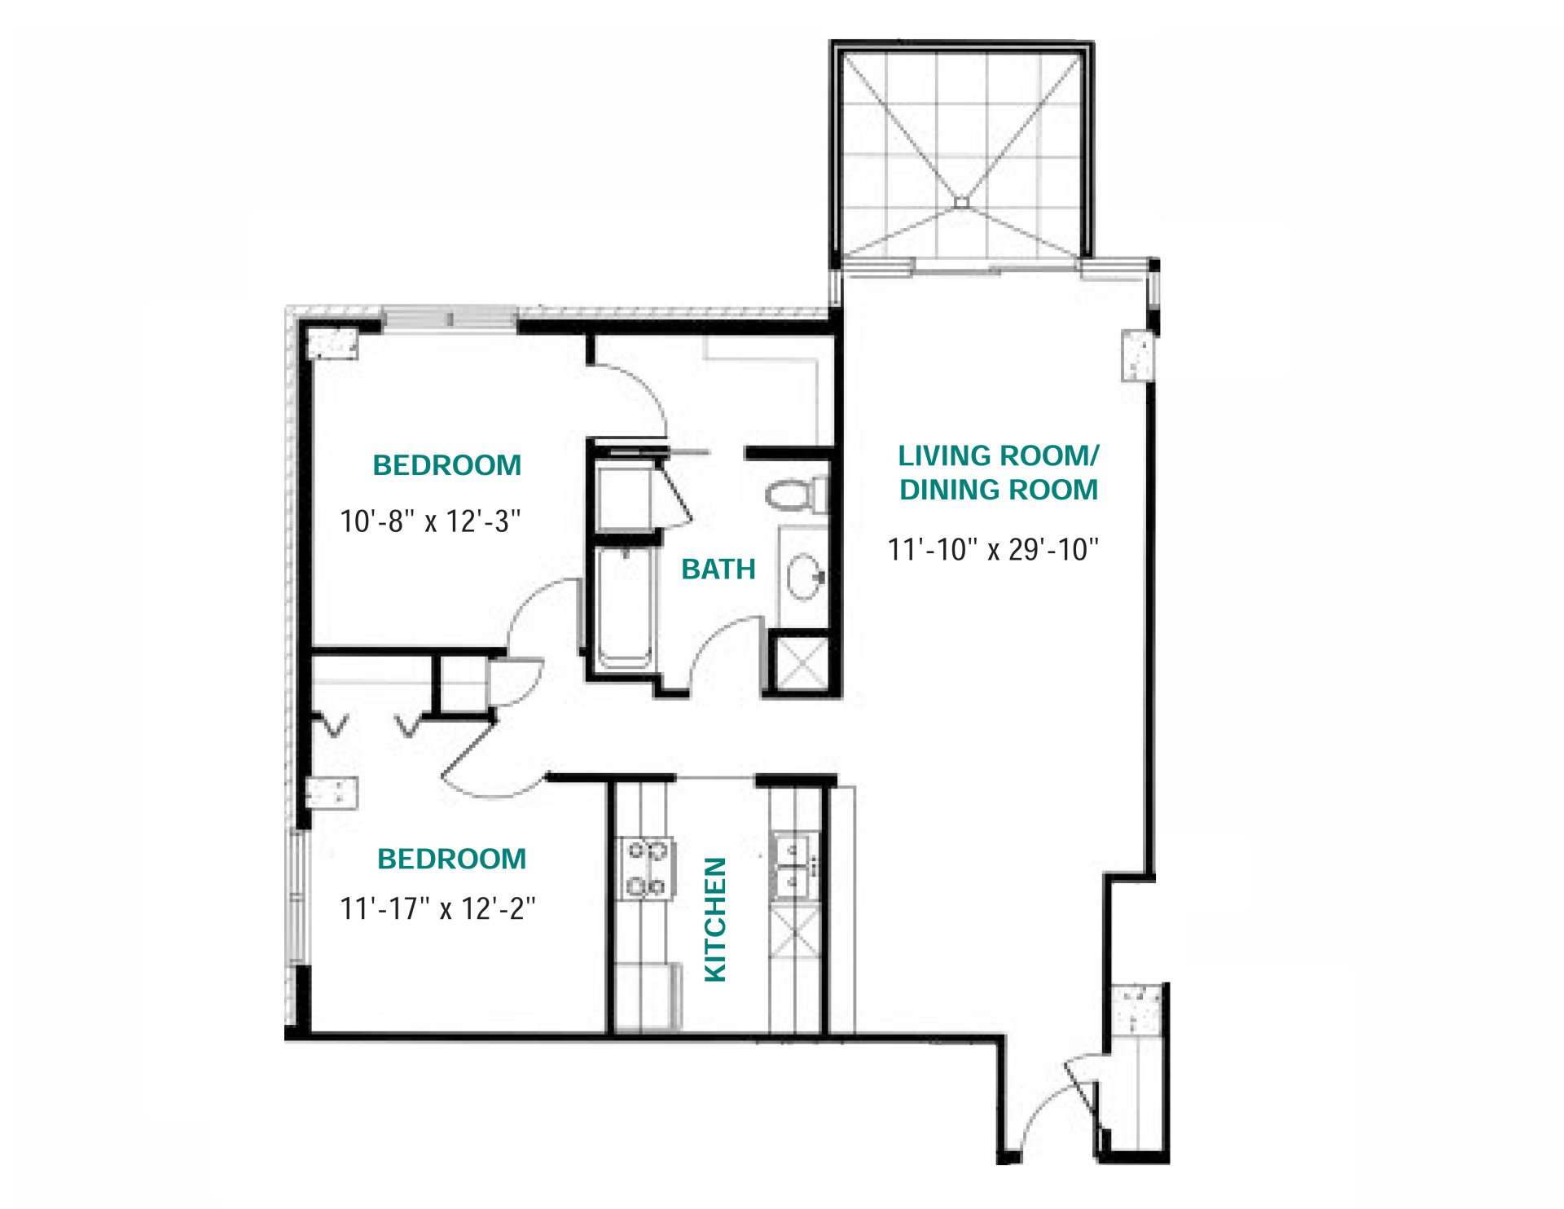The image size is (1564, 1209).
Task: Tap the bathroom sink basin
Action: click(806, 576)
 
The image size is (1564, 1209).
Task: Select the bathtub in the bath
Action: click(624, 607)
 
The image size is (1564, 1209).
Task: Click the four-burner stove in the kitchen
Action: click(646, 868)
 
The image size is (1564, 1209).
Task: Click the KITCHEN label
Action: click(715, 920)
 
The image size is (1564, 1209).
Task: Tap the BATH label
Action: click(718, 569)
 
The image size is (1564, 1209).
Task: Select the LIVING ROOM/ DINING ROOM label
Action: click(998, 473)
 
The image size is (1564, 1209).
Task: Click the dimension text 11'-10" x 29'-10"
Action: click(993, 550)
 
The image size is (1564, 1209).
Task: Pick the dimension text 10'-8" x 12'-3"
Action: click(430, 521)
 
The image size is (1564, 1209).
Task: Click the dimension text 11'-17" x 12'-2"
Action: click(437, 908)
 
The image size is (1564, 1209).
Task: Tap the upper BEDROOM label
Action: click(446, 465)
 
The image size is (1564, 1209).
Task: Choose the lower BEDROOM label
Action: click(451, 859)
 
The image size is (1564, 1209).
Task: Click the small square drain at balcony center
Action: click(961, 202)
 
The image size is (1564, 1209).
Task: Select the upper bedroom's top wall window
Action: click(450, 318)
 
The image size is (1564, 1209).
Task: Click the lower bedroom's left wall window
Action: click(298, 896)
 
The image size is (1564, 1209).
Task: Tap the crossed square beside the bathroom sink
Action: click(799, 664)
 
